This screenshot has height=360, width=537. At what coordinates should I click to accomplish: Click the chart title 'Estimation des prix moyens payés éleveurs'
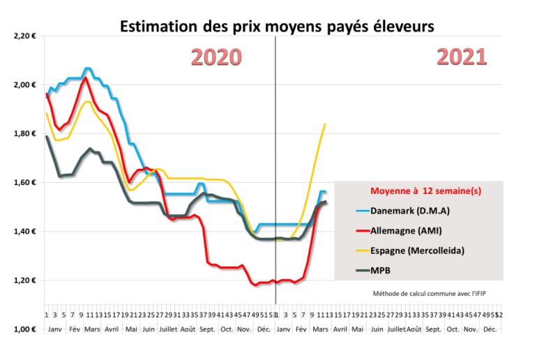pos(278,27)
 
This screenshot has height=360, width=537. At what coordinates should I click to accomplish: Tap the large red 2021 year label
pos(462,57)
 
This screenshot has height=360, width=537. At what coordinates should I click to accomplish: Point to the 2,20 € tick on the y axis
pos(25,36)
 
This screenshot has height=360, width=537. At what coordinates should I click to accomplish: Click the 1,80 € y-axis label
pos(25,133)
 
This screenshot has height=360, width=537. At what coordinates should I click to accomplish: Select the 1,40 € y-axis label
pos(25,231)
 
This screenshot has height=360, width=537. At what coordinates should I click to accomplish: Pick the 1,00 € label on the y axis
pos(25,329)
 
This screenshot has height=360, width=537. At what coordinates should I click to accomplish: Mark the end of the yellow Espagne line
pos(325,124)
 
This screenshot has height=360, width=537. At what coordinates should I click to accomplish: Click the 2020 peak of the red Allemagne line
pos(85,77)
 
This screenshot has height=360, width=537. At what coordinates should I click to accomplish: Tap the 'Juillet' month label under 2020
pos(168,328)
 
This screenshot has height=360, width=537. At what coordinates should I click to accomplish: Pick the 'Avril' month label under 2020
pos(112,328)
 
